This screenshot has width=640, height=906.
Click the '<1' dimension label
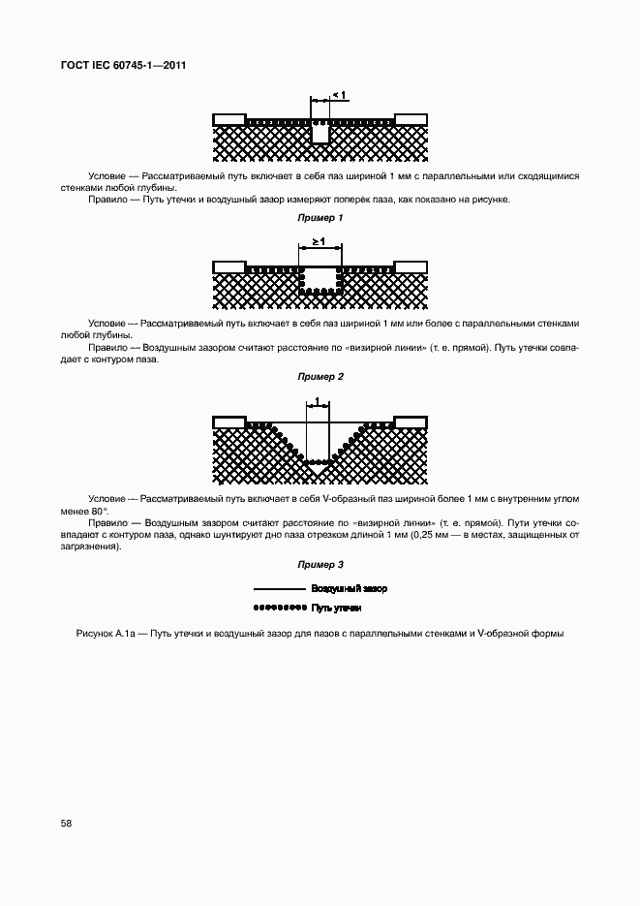click(x=339, y=94)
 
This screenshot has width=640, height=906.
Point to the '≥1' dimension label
click(x=319, y=240)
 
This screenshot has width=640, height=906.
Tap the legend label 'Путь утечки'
click(x=336, y=608)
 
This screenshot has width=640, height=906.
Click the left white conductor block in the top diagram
click(x=229, y=119)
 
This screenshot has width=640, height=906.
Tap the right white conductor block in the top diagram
click(x=411, y=119)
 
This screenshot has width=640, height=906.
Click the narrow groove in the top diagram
click(x=320, y=134)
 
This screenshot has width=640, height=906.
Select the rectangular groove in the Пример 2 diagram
click(x=320, y=279)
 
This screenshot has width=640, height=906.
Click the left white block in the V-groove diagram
click(x=229, y=421)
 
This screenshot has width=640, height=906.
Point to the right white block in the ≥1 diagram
click(x=411, y=266)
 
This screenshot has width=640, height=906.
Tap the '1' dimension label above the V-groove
click(x=318, y=399)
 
